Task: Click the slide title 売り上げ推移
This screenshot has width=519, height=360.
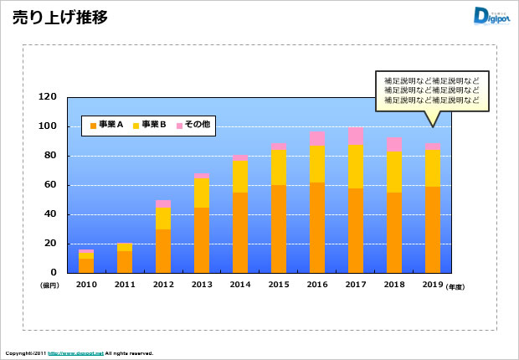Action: (x=59, y=18)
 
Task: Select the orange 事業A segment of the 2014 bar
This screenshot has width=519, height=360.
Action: (x=240, y=232)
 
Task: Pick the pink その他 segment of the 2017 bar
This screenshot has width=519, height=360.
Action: (x=356, y=136)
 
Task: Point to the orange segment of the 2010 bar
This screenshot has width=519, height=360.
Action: (x=86, y=265)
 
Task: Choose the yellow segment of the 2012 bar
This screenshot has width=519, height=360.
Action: (x=163, y=218)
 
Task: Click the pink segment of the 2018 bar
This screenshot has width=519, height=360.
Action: (x=394, y=144)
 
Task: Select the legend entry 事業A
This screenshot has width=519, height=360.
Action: (x=106, y=126)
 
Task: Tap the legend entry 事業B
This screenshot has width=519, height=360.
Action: (x=150, y=126)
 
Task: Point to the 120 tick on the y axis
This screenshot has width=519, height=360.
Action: (x=49, y=97)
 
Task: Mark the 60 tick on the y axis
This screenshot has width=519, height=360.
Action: (x=51, y=185)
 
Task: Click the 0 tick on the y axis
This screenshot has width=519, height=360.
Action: (x=54, y=273)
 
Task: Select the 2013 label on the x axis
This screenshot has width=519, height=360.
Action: (x=202, y=285)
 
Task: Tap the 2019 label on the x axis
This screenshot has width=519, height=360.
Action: (x=433, y=285)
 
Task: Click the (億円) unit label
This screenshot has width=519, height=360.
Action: (x=49, y=285)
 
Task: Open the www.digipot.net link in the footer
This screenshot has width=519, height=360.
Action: (x=75, y=353)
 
